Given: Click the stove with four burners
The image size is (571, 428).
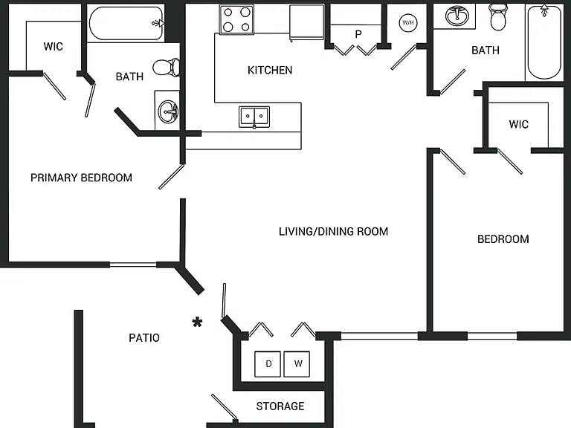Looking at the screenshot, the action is [x=236, y=19].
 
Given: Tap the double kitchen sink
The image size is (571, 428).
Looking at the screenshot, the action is [x=254, y=117].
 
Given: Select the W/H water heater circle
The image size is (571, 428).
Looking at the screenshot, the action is [x=408, y=23].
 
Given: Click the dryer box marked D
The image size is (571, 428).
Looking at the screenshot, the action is [x=268, y=364].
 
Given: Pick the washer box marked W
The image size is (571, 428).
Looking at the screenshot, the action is [x=297, y=364].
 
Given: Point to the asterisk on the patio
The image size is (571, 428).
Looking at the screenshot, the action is [x=197, y=322].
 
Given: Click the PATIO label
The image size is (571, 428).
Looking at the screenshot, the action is [x=144, y=338].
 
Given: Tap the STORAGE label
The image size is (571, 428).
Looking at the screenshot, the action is [x=280, y=406].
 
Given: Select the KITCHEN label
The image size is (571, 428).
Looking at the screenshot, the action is [x=270, y=71].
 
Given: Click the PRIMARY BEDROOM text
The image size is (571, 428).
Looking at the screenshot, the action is [x=81, y=178].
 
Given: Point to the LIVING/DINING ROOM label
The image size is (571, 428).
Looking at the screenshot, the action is [x=333, y=232].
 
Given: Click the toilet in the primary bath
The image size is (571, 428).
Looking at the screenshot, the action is [x=167, y=68].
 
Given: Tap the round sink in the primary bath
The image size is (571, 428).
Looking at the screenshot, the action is [x=168, y=111].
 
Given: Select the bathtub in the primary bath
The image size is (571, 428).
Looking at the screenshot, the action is [x=126, y=23].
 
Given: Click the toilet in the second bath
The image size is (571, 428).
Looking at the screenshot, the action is [x=498, y=17].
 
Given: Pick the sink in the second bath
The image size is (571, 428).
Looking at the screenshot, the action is [x=457, y=16].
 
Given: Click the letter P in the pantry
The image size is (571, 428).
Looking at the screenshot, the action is [x=358, y=34].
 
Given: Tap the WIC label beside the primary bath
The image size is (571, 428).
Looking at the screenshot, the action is [x=54, y=47].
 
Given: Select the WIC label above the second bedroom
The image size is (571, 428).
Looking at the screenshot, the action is [x=518, y=125].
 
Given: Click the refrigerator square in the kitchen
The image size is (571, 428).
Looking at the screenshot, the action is [x=306, y=22].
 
